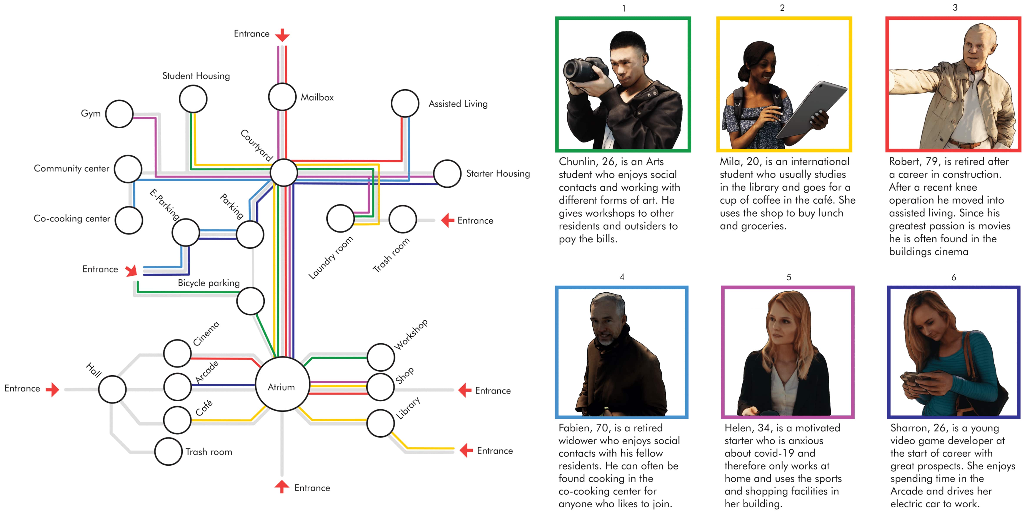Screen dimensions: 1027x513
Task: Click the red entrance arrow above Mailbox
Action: point(282,35)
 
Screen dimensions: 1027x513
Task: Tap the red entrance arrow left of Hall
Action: point(53,390)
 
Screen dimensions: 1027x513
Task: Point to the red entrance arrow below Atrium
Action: point(282,486)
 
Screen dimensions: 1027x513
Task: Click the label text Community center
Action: point(71,169)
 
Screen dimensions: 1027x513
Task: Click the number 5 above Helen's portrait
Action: point(789,277)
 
